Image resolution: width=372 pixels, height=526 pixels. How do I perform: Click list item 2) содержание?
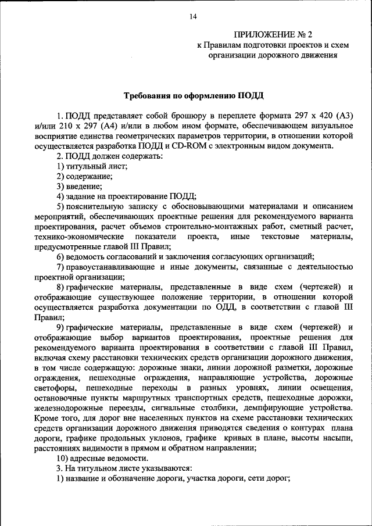click(x=84, y=177)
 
